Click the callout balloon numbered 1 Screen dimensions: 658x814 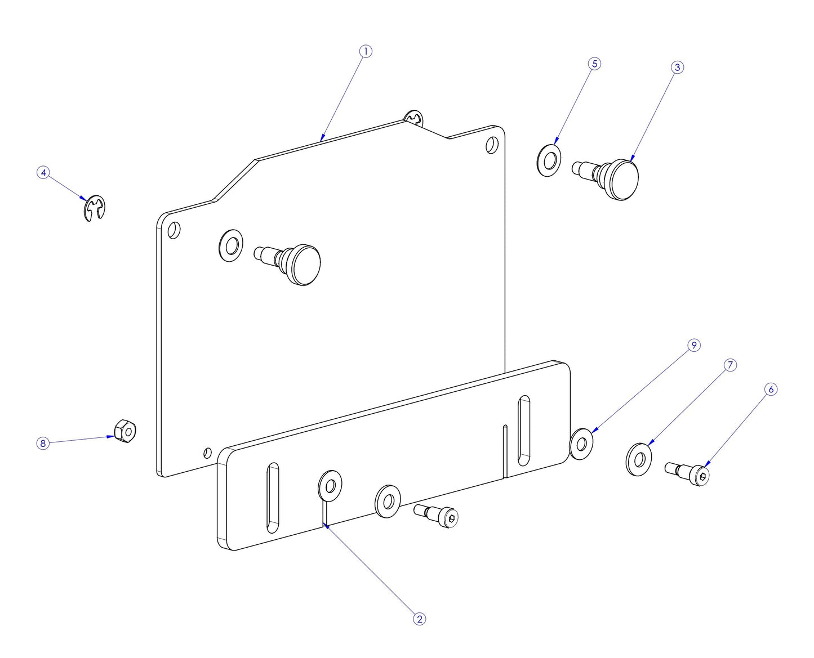pyautogui.click(x=366, y=51)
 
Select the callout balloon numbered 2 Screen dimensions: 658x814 pyautogui.click(x=419, y=619)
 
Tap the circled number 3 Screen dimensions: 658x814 pyautogui.click(x=677, y=67)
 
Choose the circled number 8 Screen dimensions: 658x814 pyautogui.click(x=42, y=444)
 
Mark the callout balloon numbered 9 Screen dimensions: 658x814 pyautogui.click(x=693, y=345)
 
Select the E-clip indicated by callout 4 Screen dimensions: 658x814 pyautogui.click(x=95, y=208)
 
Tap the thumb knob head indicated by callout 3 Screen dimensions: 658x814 pyautogui.click(x=623, y=180)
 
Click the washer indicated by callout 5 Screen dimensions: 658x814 pyautogui.click(x=549, y=160)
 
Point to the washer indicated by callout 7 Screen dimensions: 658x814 pyautogui.click(x=638, y=459)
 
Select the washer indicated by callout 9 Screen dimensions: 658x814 pyautogui.click(x=582, y=443)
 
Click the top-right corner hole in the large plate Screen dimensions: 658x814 pyautogui.click(x=492, y=145)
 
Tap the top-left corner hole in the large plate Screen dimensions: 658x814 pyautogui.click(x=175, y=230)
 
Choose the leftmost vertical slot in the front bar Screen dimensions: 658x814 pyautogui.click(x=273, y=498)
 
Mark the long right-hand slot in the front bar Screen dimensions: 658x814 pyautogui.click(x=524, y=430)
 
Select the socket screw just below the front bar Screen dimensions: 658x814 pyautogui.click(x=439, y=515)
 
